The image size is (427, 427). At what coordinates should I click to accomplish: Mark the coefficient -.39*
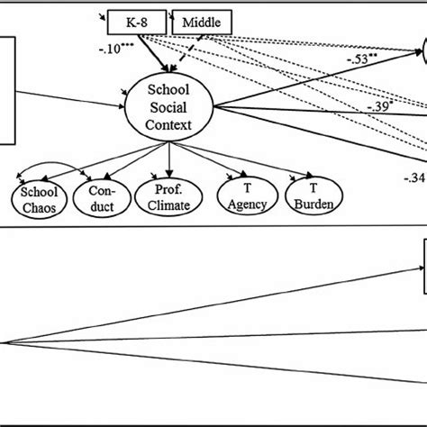tap(379, 106)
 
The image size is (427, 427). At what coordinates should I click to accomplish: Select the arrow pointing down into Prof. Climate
tap(169, 162)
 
